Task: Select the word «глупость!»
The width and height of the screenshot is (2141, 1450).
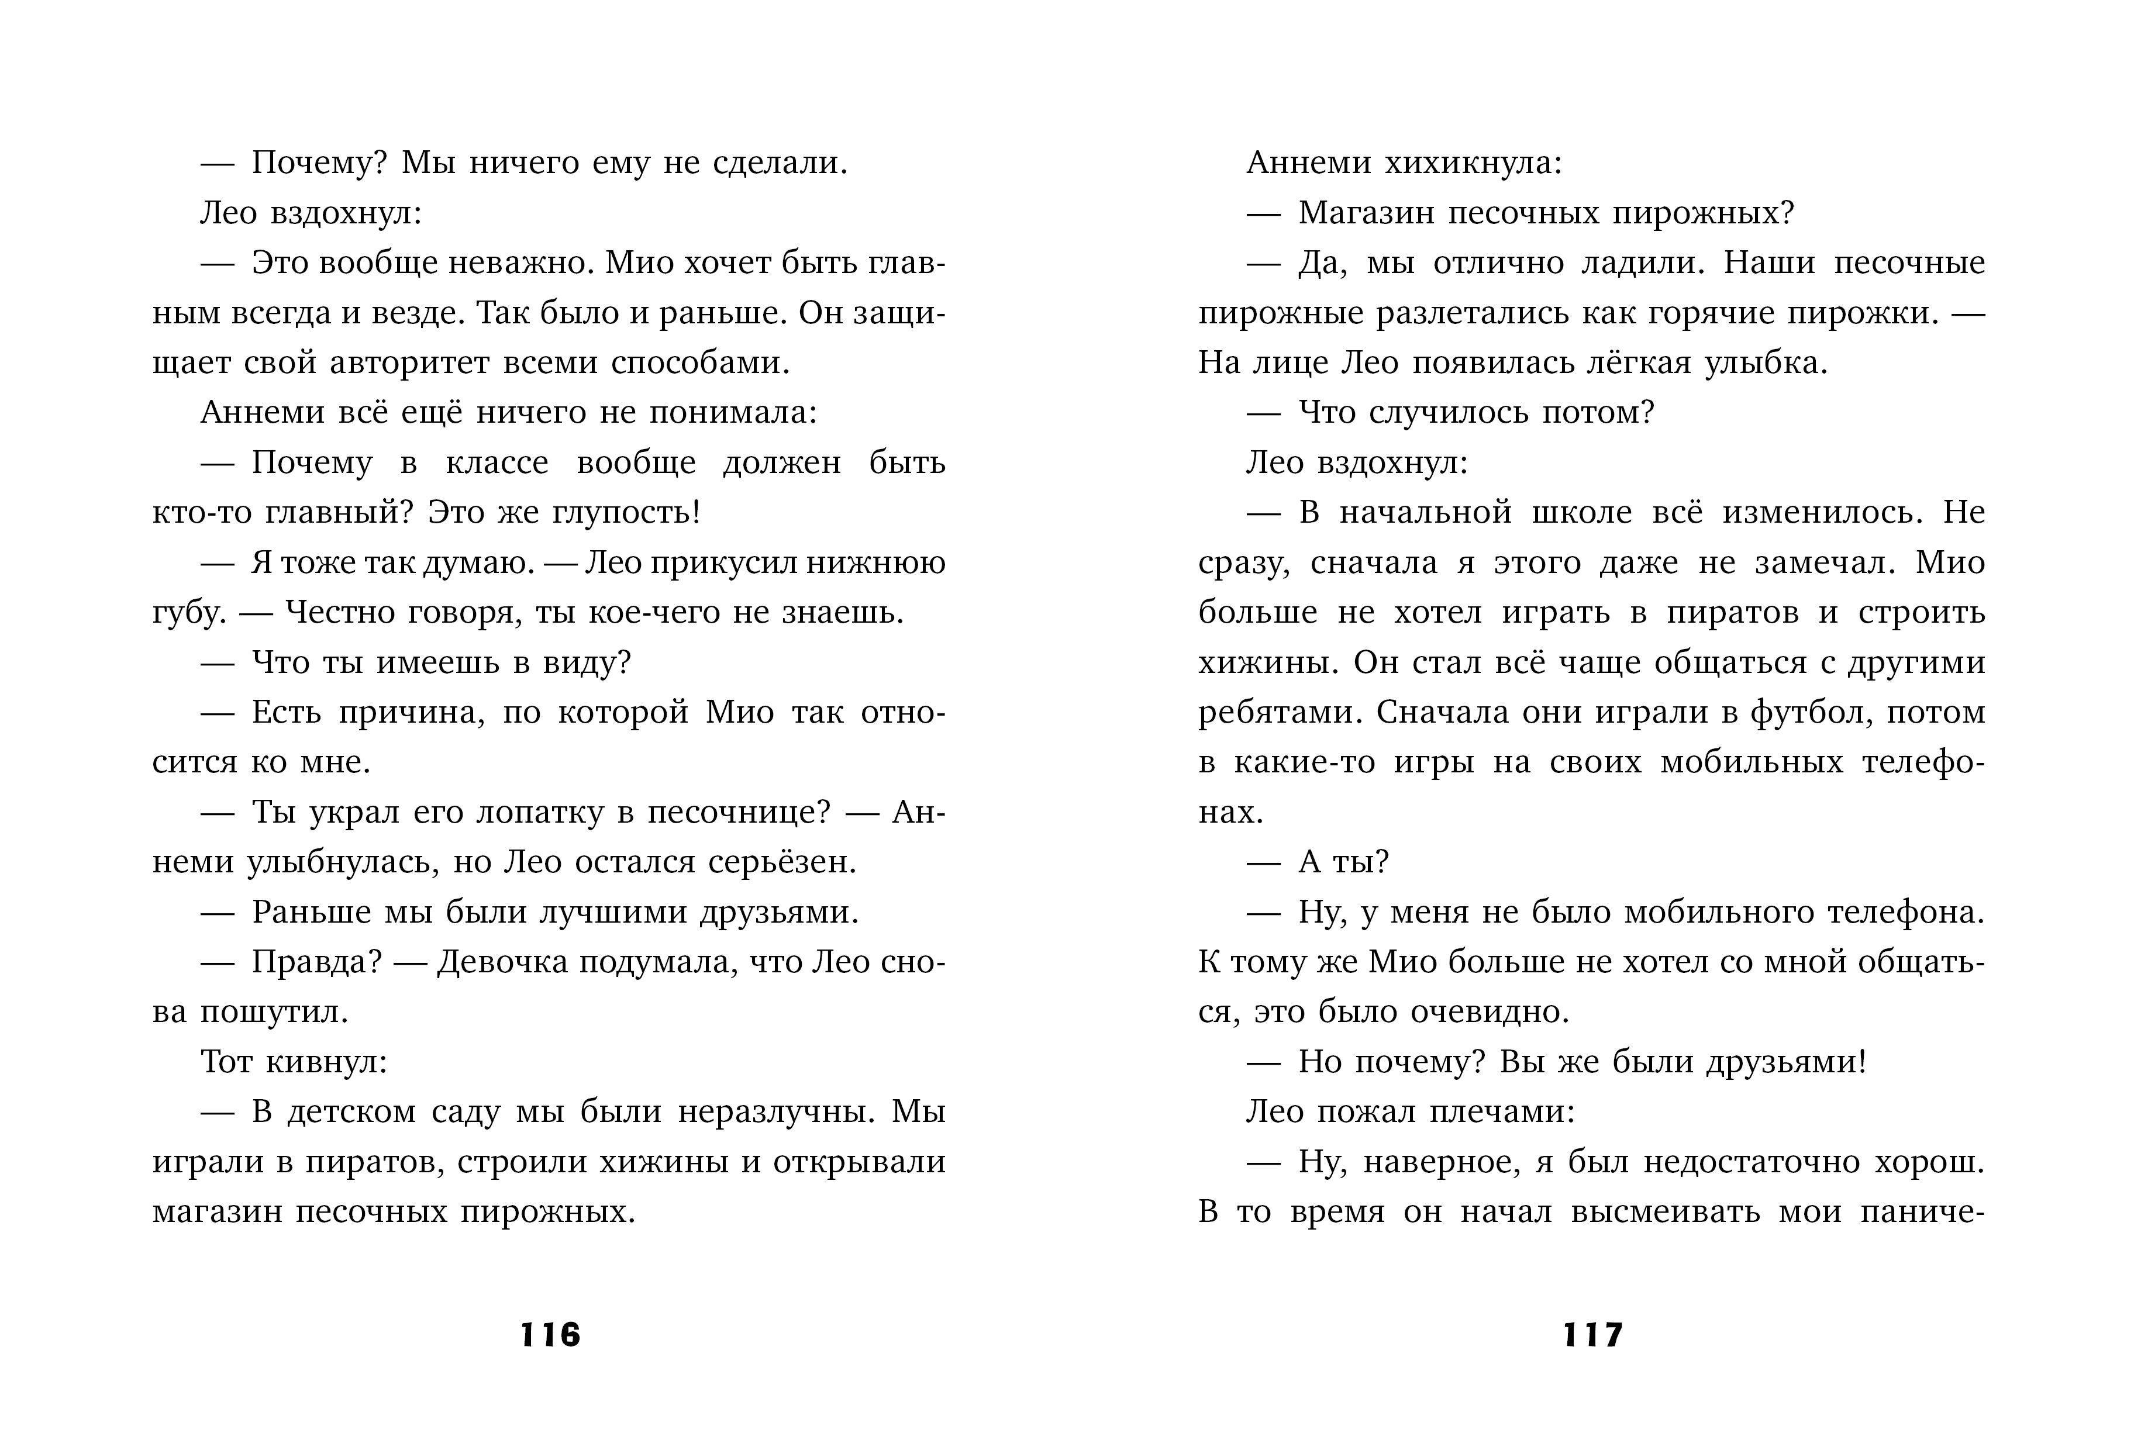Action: pos(626,512)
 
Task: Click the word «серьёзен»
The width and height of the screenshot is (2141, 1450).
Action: pos(781,862)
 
